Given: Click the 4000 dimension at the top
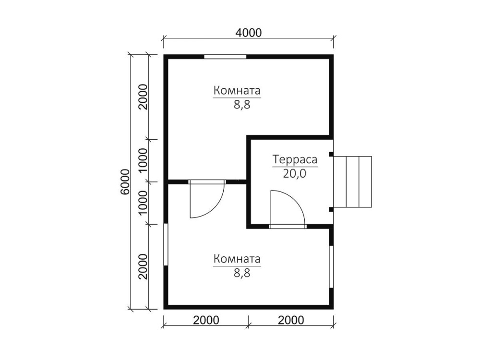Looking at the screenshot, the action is (249, 33).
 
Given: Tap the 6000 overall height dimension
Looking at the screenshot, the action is (125, 181).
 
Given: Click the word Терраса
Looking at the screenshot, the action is (295, 160).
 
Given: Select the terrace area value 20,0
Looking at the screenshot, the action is (295, 174).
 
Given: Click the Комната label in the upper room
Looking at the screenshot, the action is (237, 91).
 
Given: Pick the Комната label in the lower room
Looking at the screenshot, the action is (237, 259).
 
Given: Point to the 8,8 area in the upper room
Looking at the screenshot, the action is (242, 104).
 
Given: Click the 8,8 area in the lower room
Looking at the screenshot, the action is (242, 273).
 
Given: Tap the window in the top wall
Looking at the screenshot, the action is (225, 57).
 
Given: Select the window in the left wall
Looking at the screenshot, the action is (166, 245).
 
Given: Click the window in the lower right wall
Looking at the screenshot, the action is (331, 266).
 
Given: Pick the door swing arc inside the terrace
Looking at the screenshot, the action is (296, 200).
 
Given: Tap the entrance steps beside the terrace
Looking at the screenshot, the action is (352, 182).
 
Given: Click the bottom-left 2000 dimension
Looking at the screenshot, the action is (206, 320).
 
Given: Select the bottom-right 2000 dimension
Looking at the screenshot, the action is (291, 320).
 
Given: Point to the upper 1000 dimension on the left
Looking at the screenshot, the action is (143, 160).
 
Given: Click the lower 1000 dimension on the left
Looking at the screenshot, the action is (143, 203).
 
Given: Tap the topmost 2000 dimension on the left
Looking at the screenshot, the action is (143, 97).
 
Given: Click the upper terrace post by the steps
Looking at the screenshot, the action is (331, 154).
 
